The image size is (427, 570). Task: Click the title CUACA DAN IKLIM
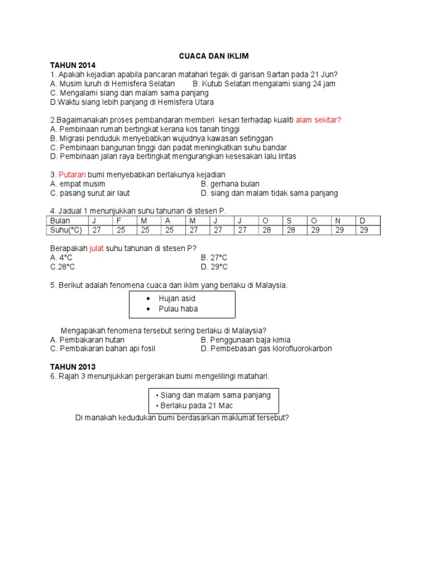tap(213, 56)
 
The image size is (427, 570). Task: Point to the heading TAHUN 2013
tap(72, 367)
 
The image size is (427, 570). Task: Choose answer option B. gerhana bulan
tap(230, 184)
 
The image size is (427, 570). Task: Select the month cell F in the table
tap(119, 221)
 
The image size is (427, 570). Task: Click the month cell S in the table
tap(289, 221)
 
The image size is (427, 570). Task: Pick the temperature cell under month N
tap(339, 230)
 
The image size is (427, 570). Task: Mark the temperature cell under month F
tap(121, 230)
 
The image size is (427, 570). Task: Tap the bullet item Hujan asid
tap(177, 299)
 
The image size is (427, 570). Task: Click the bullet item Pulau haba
tap(178, 309)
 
